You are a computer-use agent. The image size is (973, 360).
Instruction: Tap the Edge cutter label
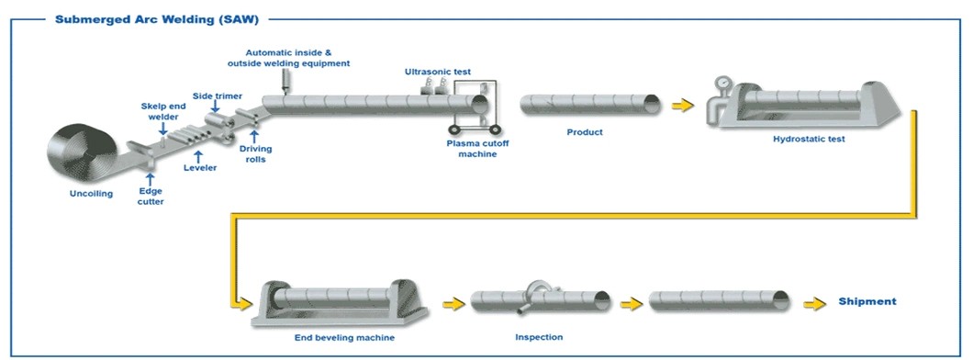pos(151,196)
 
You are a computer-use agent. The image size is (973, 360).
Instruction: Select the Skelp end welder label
pos(162,110)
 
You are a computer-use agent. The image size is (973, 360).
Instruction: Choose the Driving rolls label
pos(255,152)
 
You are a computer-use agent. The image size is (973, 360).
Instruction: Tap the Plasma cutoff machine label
pos(472,148)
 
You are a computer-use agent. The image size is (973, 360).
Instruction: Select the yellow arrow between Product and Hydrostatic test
pos(681,106)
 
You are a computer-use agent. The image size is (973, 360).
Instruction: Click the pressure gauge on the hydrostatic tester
pos(725,83)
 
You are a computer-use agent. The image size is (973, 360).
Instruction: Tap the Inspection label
pos(539,337)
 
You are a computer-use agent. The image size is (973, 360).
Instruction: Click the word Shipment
pos(867,301)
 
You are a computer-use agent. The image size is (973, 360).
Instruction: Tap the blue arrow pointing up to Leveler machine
pos(197,154)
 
